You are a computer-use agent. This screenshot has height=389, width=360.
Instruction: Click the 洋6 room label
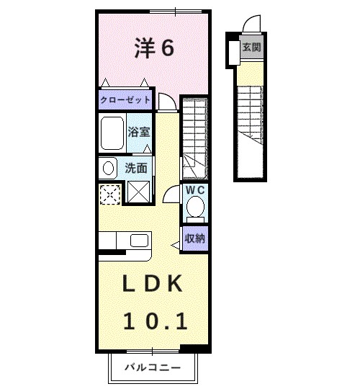pyautogui.click(x=153, y=48)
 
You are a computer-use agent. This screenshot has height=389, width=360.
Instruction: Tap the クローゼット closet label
pyautogui.click(x=125, y=100)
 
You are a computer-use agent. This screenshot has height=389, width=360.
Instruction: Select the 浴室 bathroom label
pyautogui.click(x=138, y=132)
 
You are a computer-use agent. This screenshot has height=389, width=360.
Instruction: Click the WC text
pyautogui.click(x=195, y=189)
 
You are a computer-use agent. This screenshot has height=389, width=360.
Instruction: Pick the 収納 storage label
pyautogui.click(x=194, y=237)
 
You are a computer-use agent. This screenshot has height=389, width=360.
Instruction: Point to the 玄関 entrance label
pyautogui.click(x=251, y=48)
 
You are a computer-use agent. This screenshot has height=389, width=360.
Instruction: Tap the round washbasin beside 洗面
pyautogui.click(x=109, y=169)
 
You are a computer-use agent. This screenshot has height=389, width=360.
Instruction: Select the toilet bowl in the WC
pyautogui.click(x=194, y=207)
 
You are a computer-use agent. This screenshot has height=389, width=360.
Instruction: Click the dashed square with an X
pyautogui.click(x=110, y=193)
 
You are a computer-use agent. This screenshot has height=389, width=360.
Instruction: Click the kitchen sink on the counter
pyautogui.click(x=137, y=240)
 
